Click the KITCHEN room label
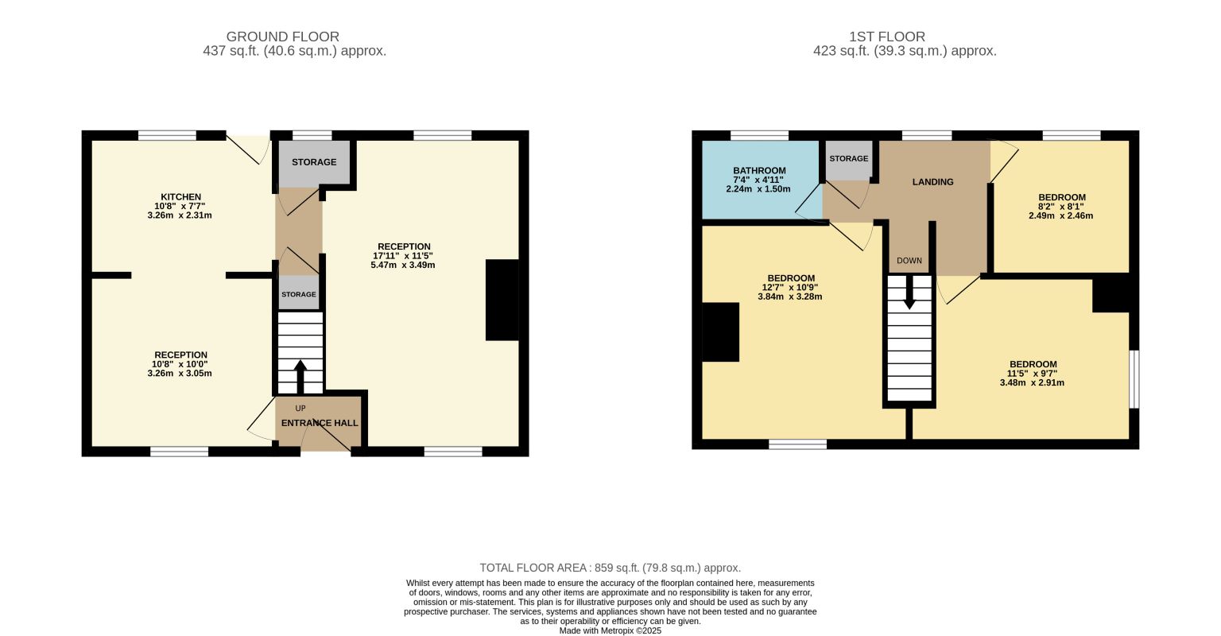point(181,196)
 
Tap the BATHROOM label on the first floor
point(759,171)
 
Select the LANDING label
point(933,182)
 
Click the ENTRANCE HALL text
point(320,423)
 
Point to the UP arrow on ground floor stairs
point(300,376)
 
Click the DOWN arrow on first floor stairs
point(909,293)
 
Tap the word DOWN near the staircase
point(909,261)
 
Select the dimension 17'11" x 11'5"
point(403,256)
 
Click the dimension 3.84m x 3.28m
point(790,297)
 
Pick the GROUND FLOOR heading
point(282,37)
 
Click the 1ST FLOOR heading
point(887,37)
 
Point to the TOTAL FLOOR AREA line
point(610,568)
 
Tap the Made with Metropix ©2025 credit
point(610,630)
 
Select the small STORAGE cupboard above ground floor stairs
point(299,293)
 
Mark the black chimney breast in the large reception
point(502,300)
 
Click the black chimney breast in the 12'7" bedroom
point(721,332)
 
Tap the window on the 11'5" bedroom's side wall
point(1134,379)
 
